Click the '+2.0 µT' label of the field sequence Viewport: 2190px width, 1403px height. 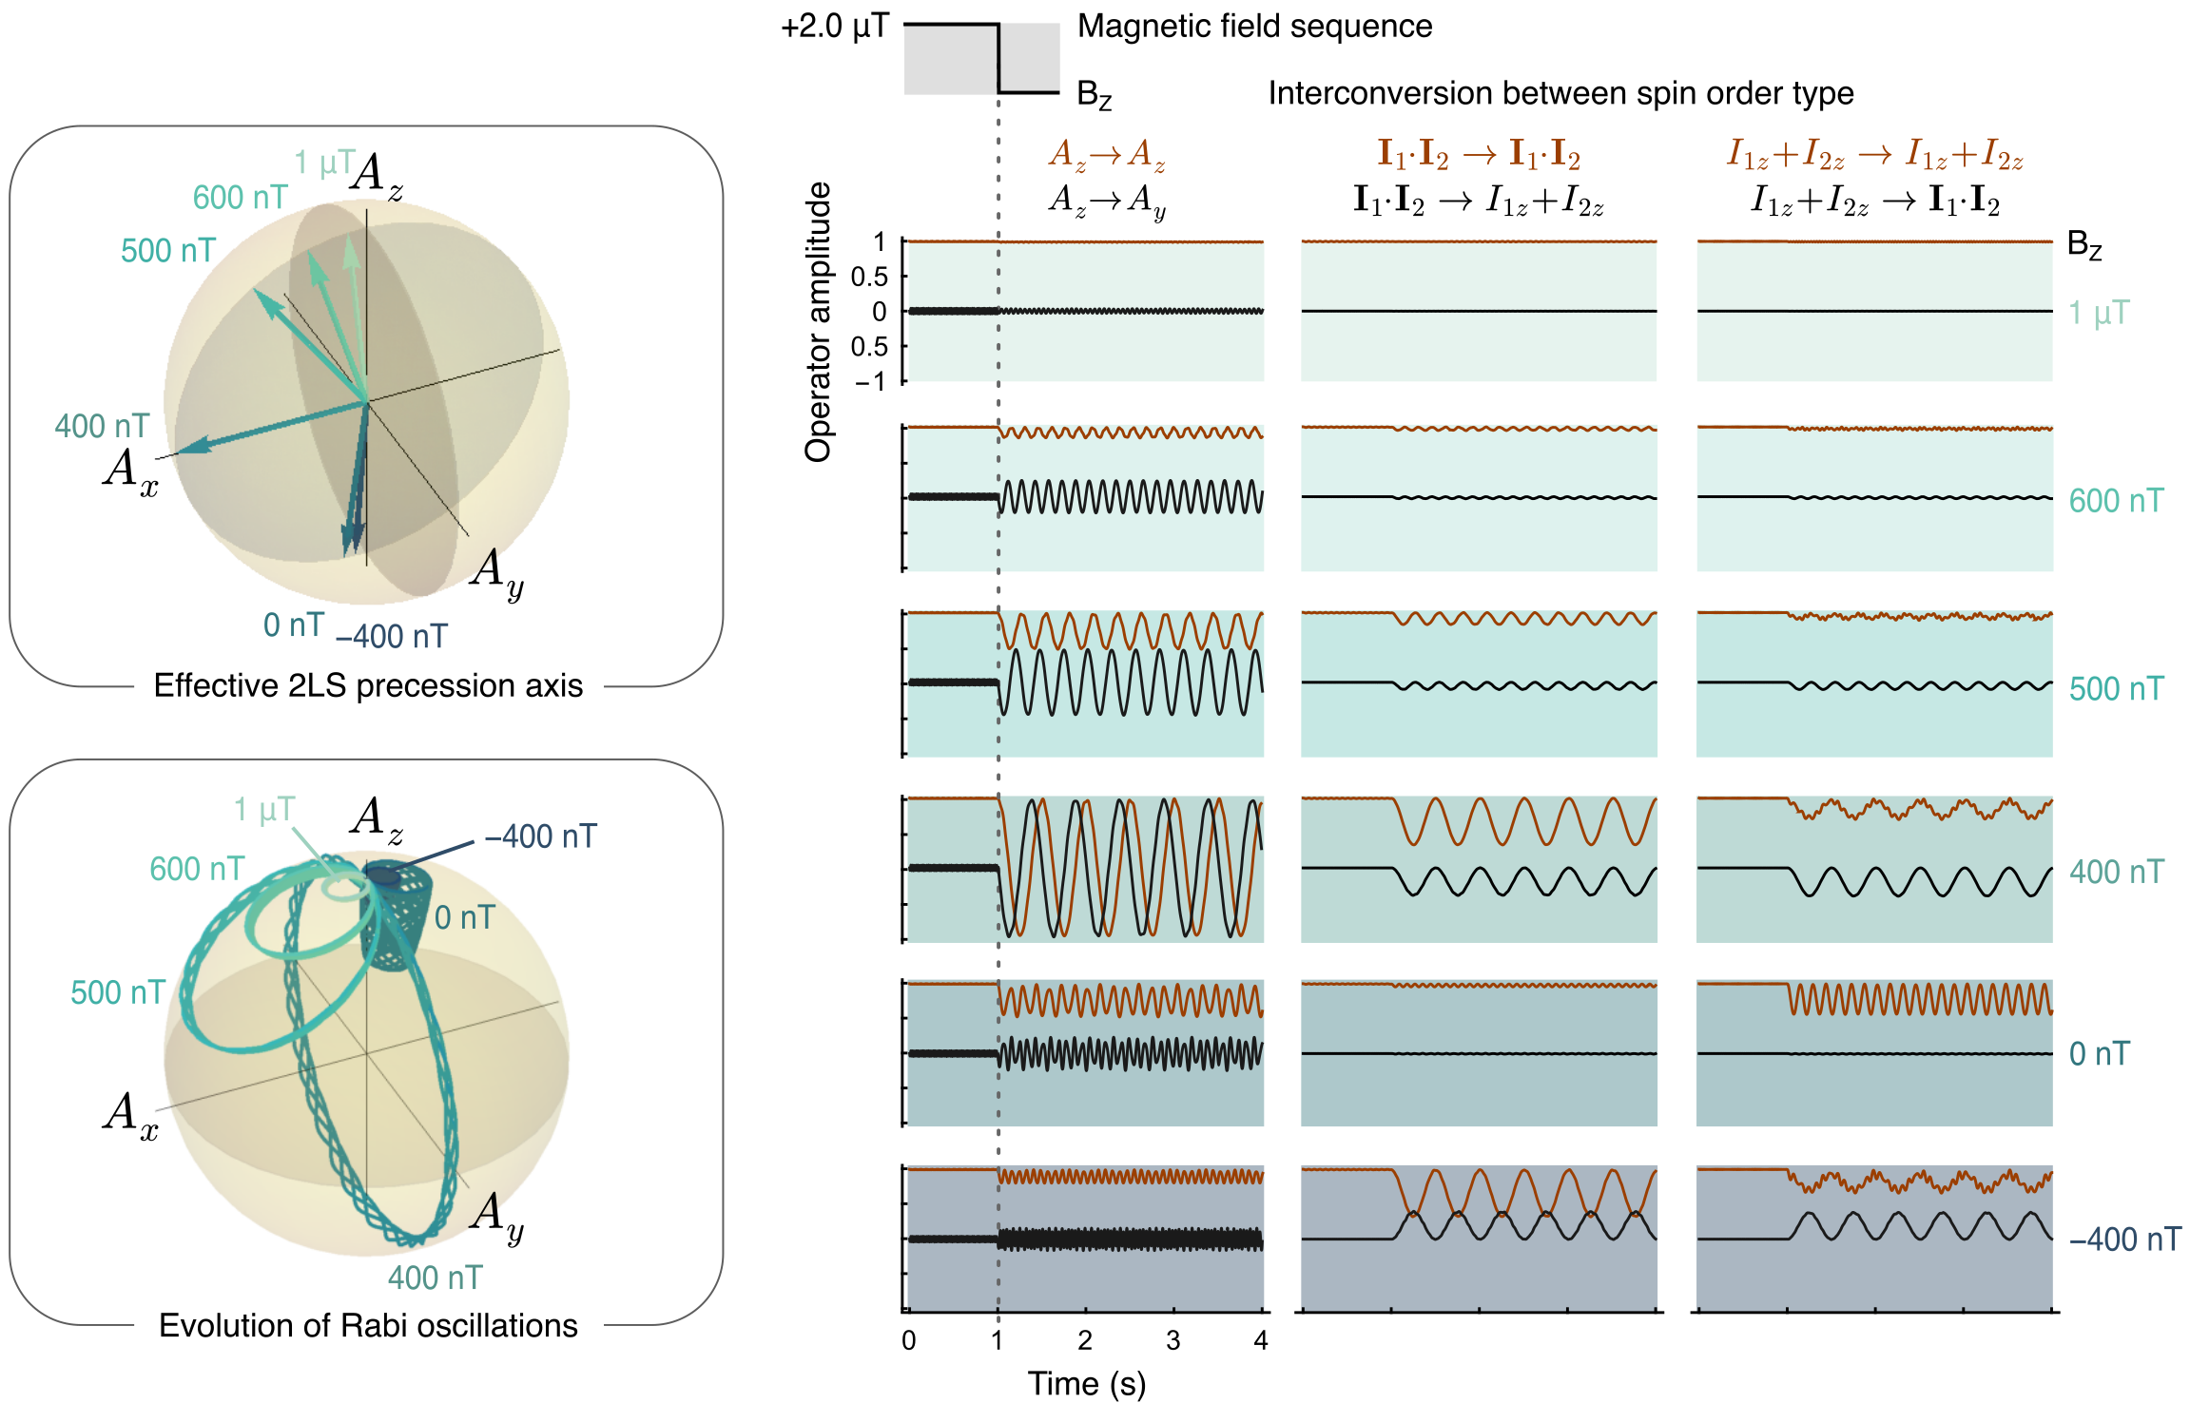pyautogui.click(x=834, y=27)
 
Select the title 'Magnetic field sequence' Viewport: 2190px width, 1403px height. pyautogui.click(x=1254, y=27)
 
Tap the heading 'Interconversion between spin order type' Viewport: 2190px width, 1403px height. pyautogui.click(x=1560, y=93)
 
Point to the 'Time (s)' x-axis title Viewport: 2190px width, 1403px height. pyautogui.click(x=1086, y=1383)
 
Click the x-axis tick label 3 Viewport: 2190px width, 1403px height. pyautogui.click(x=1173, y=1340)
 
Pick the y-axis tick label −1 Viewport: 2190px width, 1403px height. pyautogui.click(x=870, y=381)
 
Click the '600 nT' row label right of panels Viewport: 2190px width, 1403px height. pyautogui.click(x=2116, y=501)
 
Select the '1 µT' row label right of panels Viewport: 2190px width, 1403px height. pyautogui.click(x=2099, y=313)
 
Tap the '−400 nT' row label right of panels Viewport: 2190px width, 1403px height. pyautogui.click(x=2124, y=1240)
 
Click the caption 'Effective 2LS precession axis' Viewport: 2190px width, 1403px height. pyautogui.click(x=368, y=685)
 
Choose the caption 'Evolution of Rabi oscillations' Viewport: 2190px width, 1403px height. pyautogui.click(x=368, y=1325)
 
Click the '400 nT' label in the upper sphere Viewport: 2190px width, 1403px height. pyautogui.click(x=102, y=426)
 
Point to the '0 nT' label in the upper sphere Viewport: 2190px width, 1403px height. pyautogui.click(x=294, y=625)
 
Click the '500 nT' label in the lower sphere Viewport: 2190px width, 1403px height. pyautogui.click(x=118, y=992)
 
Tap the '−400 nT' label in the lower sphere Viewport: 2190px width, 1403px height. pyautogui.click(x=540, y=836)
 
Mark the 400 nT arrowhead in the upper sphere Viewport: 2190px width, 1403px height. pyautogui.click(x=190, y=446)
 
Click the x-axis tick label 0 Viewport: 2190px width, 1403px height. pyautogui.click(x=909, y=1340)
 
